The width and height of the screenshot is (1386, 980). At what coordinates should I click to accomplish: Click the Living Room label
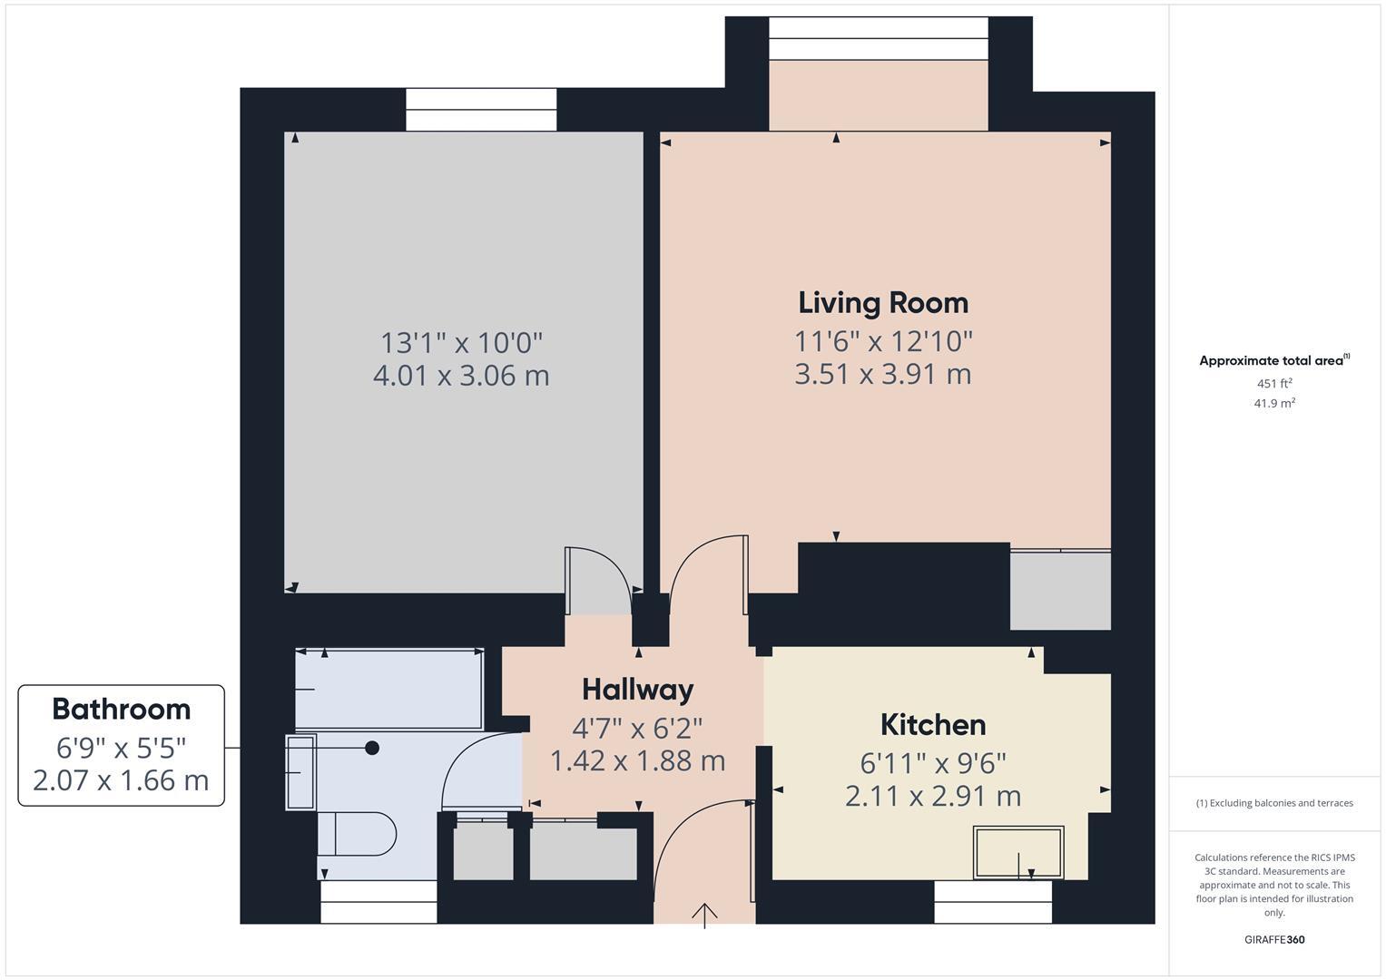tap(882, 302)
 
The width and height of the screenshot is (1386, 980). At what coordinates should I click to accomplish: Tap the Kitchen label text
tap(932, 724)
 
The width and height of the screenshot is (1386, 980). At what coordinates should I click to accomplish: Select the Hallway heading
tap(637, 689)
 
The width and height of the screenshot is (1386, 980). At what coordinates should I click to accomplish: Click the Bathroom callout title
tap(121, 708)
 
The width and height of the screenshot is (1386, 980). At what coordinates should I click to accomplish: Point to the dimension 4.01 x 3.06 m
tap(461, 375)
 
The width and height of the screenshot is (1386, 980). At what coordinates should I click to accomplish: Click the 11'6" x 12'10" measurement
tap(882, 341)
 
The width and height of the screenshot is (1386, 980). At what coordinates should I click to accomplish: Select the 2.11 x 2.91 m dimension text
tap(932, 796)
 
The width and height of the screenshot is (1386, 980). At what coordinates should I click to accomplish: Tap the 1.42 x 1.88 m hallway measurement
tap(637, 760)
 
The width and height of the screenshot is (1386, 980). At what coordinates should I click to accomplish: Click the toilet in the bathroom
tap(358, 833)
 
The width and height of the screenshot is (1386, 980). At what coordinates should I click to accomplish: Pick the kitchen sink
tap(1017, 852)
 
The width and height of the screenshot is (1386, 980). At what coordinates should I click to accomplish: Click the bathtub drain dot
tap(372, 748)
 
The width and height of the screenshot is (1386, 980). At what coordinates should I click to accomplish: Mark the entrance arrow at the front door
tap(705, 914)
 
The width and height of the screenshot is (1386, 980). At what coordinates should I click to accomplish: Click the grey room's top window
tap(481, 110)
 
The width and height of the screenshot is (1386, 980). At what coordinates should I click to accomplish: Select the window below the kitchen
tap(992, 901)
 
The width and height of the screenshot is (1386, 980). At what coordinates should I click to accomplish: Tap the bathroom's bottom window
tap(378, 901)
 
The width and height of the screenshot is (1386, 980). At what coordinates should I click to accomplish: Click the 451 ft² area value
tap(1274, 383)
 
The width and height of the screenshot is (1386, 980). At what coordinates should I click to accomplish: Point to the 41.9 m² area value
tap(1274, 403)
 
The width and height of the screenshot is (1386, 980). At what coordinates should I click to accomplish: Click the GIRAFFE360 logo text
tap(1274, 939)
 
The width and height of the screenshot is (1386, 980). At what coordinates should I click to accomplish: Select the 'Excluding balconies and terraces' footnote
tap(1274, 803)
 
